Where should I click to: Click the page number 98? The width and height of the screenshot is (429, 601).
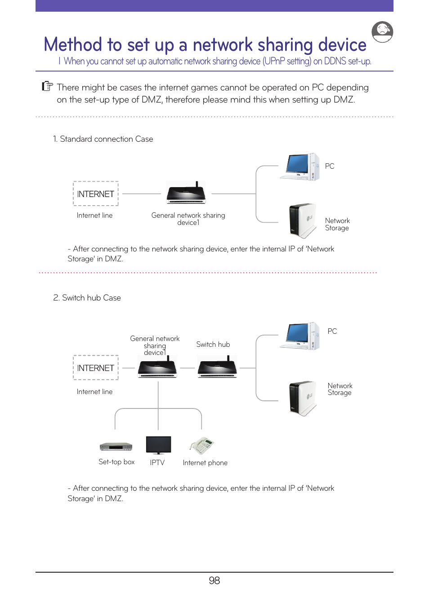click(x=214, y=580)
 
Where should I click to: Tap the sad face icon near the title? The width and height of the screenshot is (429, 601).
click(x=382, y=32)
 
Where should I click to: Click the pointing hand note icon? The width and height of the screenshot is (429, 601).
click(x=47, y=86)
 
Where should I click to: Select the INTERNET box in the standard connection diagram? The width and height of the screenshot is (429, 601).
click(x=96, y=194)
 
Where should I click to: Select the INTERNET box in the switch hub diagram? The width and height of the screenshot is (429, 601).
click(x=96, y=368)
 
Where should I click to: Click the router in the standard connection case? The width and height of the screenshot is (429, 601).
click(x=186, y=193)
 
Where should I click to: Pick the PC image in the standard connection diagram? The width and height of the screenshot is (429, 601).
click(x=300, y=167)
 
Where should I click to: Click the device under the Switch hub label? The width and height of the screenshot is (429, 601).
click(x=218, y=367)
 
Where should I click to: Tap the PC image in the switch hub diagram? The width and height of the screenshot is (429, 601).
click(x=300, y=336)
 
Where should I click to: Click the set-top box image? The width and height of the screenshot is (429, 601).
click(x=116, y=446)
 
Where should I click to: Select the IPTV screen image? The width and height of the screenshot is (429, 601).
click(x=158, y=445)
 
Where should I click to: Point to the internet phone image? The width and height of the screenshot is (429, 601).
click(x=202, y=446)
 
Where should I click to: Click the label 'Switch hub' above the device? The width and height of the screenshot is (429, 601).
click(x=213, y=344)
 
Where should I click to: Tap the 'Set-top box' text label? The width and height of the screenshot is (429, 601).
click(x=116, y=462)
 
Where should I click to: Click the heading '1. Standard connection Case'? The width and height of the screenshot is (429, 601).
click(x=103, y=139)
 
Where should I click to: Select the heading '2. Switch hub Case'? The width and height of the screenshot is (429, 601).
click(x=87, y=298)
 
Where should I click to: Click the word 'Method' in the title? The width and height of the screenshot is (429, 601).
click(x=73, y=45)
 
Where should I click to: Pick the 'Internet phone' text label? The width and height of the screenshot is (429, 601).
click(x=205, y=463)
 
